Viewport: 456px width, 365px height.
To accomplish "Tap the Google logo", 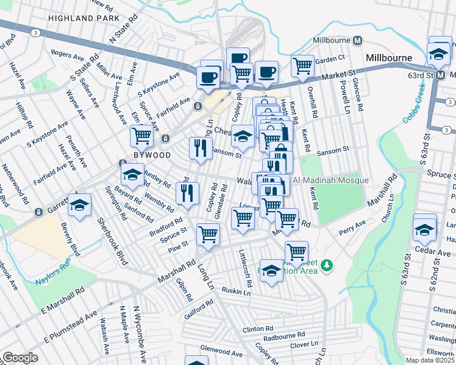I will (20, 358).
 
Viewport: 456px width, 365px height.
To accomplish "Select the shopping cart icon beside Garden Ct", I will (302, 66).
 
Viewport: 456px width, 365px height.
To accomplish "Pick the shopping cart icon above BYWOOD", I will (142, 136).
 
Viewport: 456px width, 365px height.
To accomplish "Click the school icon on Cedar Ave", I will (425, 228).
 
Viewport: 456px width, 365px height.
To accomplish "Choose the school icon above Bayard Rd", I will (132, 175).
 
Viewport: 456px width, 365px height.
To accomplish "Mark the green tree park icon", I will (327, 265).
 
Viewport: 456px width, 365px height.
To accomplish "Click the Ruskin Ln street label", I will (237, 291).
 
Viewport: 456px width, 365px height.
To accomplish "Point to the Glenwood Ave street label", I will (222, 352).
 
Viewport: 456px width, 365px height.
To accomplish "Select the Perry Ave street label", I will (352, 232).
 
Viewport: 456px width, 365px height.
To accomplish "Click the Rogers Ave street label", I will (67, 55).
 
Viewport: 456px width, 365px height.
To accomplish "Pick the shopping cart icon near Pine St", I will (208, 234).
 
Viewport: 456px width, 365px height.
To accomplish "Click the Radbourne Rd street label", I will (284, 335).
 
